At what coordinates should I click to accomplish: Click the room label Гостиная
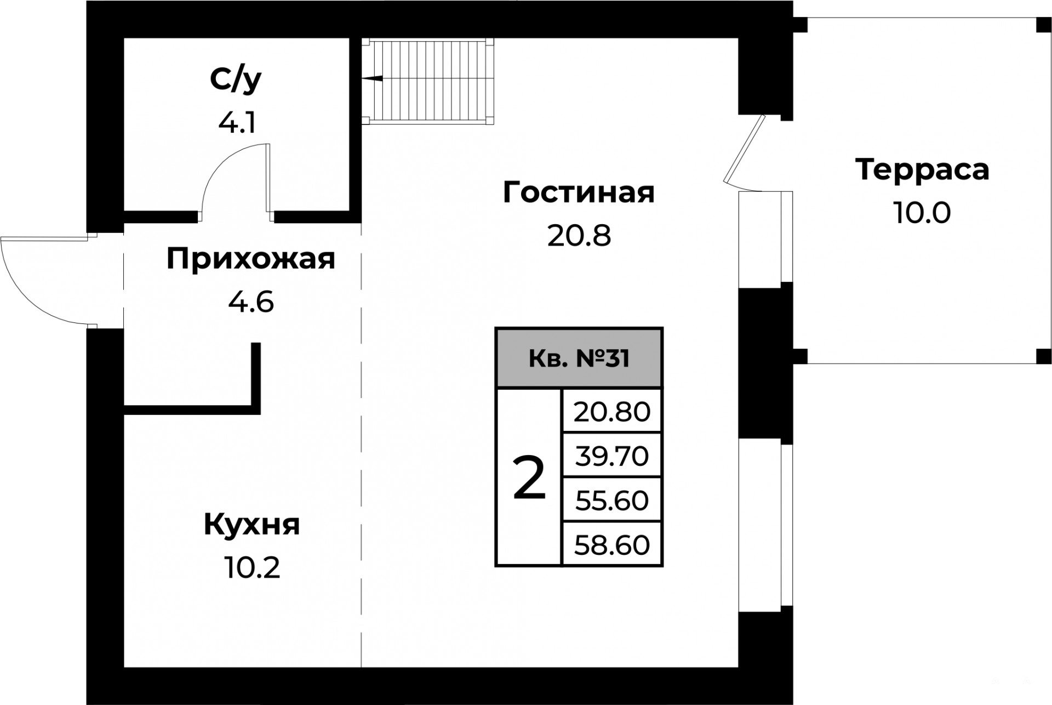tap(579, 192)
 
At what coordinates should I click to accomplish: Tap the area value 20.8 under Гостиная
tap(579, 236)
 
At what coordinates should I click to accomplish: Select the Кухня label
tap(251, 525)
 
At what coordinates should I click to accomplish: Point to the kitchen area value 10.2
tap(252, 568)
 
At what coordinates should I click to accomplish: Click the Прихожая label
tap(250, 259)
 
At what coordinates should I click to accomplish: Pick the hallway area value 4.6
tap(251, 302)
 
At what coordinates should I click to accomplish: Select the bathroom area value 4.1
tap(237, 123)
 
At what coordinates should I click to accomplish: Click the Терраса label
tap(922, 169)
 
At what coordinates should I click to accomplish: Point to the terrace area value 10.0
tap(922, 213)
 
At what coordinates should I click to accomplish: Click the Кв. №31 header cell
tap(579, 359)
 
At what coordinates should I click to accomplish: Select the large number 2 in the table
tap(529, 477)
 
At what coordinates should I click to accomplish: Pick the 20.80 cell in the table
tap(612, 411)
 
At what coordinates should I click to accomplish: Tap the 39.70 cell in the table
tap(612, 456)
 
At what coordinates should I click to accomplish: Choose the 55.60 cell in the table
tap(612, 500)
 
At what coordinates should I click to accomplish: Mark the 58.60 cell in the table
tap(612, 544)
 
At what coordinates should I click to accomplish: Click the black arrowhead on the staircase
tap(372, 79)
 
